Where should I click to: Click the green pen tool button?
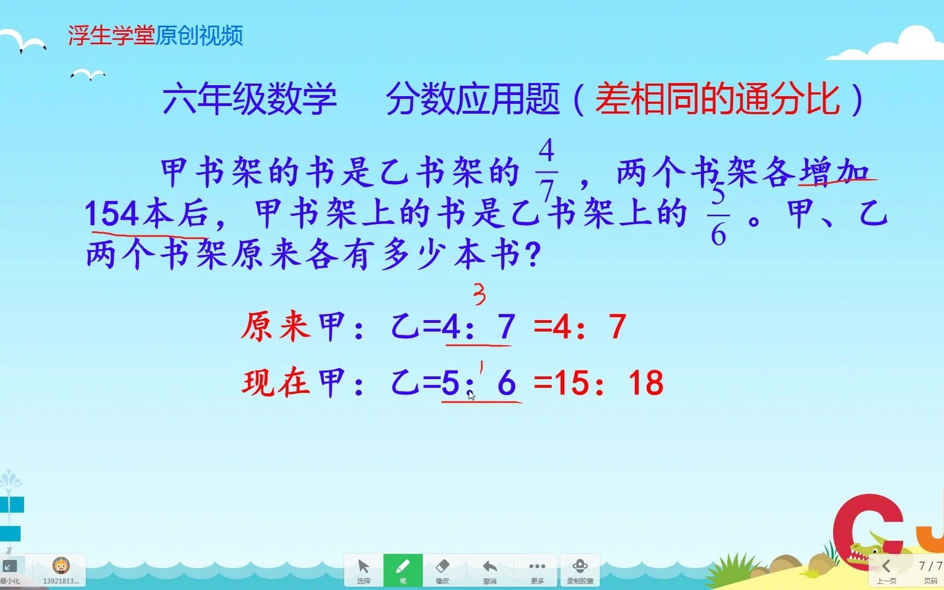click(x=403, y=569)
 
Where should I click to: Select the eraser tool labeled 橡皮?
click(x=442, y=569)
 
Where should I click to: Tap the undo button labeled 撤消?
click(x=490, y=569)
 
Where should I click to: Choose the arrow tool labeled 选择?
click(x=363, y=569)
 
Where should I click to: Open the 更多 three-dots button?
click(x=537, y=569)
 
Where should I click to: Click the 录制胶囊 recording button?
click(x=580, y=569)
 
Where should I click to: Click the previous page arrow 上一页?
click(x=886, y=569)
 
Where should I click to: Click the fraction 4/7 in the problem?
click(x=546, y=169)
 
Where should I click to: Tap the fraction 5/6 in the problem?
click(x=718, y=214)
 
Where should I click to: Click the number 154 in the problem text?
click(x=112, y=213)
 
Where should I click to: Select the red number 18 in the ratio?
click(x=646, y=382)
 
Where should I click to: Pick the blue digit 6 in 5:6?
click(x=506, y=382)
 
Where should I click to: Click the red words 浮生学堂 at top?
click(x=111, y=36)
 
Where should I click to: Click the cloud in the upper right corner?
click(x=896, y=44)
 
